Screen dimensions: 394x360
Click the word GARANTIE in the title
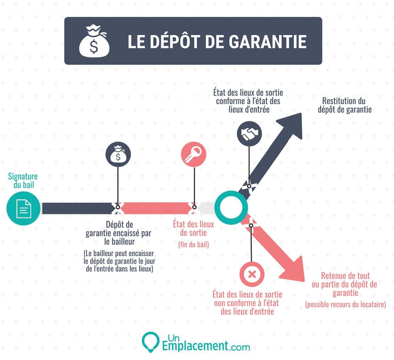268,41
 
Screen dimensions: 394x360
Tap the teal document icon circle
23,208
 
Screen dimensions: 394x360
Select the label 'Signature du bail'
23,181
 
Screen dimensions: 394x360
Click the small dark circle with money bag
118,154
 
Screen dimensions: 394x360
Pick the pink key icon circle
193,154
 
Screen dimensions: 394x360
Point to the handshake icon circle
249,134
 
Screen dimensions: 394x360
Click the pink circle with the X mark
252,274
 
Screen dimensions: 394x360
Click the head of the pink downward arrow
294,270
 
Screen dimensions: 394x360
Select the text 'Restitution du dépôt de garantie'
344,105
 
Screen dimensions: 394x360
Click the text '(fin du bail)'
193,244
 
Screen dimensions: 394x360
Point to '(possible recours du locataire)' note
346,304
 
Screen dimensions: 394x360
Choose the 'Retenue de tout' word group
345,276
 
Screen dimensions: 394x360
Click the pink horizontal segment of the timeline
156,208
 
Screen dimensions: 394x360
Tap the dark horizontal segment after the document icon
77,208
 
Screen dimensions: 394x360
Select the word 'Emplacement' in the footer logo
195,346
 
